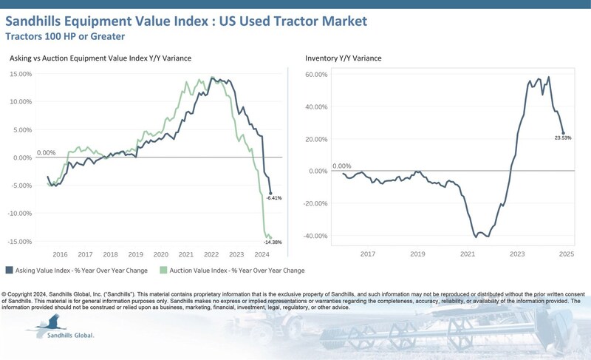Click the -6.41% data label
[x=275, y=198]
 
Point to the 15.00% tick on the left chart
[x=20, y=74]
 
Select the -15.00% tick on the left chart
[x=20, y=242]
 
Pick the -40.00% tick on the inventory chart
[x=315, y=237]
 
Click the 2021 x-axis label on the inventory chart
[x=467, y=254]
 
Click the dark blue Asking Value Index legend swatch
[x=9, y=271]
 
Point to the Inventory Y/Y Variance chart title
[x=344, y=58]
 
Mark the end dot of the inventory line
[x=563, y=133]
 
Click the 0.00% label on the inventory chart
[x=342, y=166]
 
